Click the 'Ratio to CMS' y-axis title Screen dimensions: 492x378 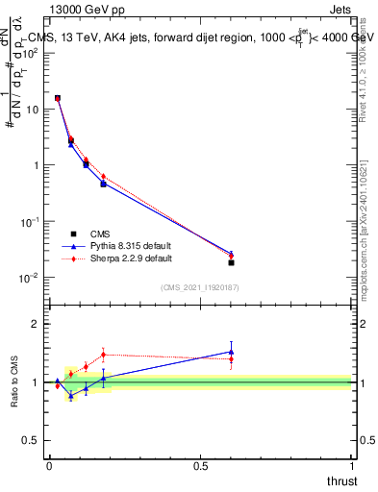pos(14,382)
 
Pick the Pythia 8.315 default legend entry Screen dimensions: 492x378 pos(130,246)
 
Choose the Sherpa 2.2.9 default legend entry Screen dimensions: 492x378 pos(131,258)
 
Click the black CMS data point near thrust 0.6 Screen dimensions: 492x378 pos(231,262)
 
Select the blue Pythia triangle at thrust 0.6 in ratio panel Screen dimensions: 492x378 pos(231,352)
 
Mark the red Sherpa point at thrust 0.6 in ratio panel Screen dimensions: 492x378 pos(231,359)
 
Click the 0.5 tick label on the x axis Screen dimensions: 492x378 pos(200,466)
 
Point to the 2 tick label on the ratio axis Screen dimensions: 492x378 pos(36,324)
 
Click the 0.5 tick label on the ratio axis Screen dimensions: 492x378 pos(31,441)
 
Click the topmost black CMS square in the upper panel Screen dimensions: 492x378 pos(58,98)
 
